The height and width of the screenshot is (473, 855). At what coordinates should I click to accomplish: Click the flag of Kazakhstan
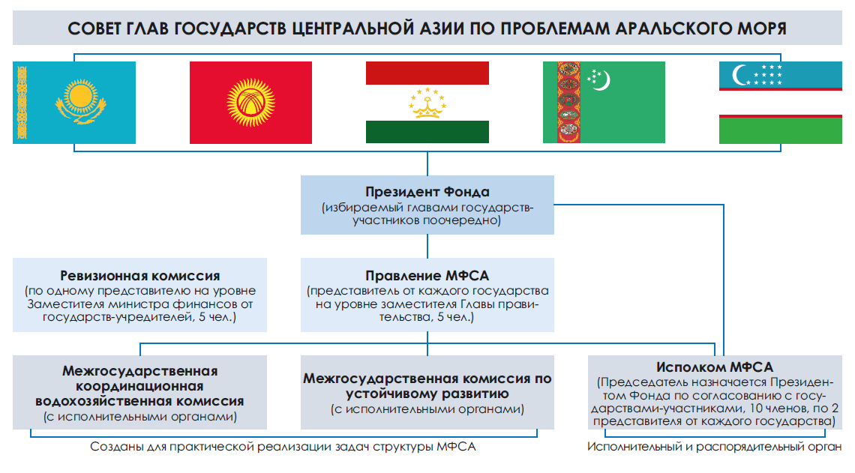coord(74,103)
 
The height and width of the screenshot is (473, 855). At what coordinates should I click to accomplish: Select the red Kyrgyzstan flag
coord(250,103)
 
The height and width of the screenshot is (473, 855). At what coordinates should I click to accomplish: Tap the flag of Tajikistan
coord(427,103)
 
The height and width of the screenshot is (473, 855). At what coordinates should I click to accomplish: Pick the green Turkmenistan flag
coord(604,103)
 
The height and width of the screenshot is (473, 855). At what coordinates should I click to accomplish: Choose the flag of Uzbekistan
coord(780,103)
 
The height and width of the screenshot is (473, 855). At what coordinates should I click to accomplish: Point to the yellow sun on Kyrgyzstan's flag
coord(250,103)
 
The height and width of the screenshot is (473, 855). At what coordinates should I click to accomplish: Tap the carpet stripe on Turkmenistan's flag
coord(568,103)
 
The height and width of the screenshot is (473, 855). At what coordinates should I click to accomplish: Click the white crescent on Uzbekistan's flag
coord(739,75)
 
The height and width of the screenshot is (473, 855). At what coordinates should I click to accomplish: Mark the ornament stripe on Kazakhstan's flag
coord(22,103)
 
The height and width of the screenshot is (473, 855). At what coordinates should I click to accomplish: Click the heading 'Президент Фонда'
coord(427,192)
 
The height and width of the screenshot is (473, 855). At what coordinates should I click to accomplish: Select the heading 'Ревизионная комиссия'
coord(140,276)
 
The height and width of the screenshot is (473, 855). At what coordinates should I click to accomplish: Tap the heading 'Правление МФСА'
coord(427,276)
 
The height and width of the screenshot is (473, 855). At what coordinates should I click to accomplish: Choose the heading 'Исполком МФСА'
coord(715,367)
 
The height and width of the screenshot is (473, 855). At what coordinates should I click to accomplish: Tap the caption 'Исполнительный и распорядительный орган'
coord(714,447)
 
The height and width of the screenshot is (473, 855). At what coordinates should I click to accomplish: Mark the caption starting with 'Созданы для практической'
coord(283,447)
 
